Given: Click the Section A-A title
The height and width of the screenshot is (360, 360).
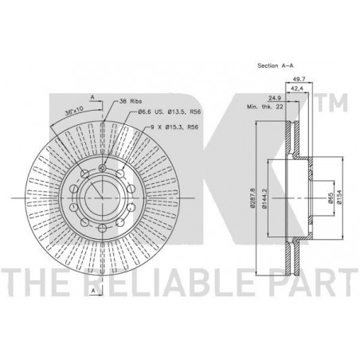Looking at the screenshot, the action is tap(276, 65).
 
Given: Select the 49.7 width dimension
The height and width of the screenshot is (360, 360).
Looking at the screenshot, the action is tap(299, 79).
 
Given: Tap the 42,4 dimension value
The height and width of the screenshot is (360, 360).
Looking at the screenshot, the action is tap(297, 88).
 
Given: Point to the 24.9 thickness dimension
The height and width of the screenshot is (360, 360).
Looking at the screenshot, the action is tap(275, 98).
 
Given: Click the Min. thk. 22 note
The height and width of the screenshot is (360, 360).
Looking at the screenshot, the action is tap(265, 107).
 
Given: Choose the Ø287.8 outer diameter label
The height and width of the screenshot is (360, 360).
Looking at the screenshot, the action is tap(252, 198).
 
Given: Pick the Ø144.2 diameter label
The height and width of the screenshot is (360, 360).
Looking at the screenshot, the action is tap(264, 198).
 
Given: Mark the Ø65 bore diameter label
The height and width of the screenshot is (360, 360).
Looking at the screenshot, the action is tap(330, 198).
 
